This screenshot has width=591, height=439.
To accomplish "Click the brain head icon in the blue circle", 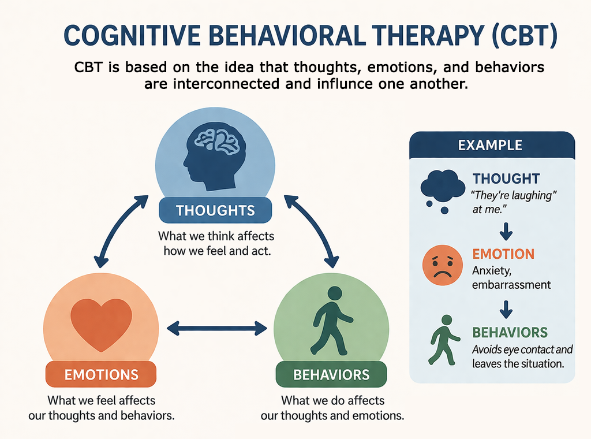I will [215, 157].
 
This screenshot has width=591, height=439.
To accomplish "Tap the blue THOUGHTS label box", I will [215, 210].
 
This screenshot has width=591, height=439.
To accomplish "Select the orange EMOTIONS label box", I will [101, 374].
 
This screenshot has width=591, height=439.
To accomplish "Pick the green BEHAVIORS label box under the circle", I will [331, 374].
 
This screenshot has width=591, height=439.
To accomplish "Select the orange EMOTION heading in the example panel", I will [503, 254].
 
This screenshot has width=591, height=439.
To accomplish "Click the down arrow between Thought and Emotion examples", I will [506, 233].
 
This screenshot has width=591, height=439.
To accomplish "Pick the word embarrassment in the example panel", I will [511, 285].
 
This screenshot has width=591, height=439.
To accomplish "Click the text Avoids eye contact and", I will [522, 349].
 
